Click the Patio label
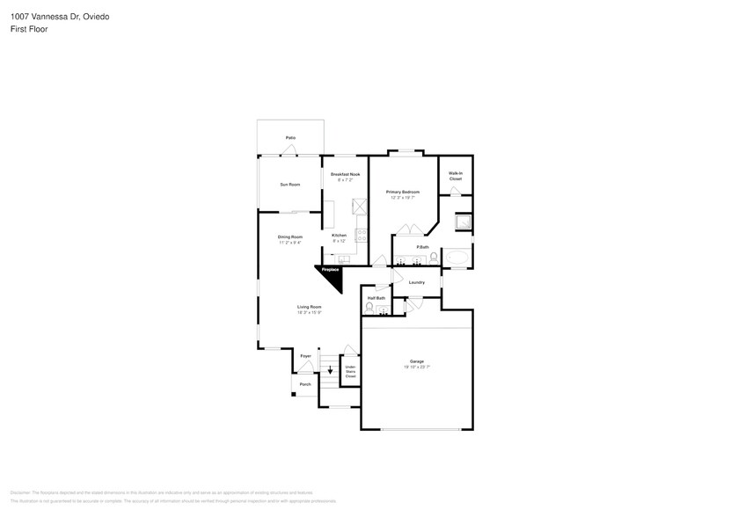point(290,138)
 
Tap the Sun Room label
point(290,185)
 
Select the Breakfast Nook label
point(345,175)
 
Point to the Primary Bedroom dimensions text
point(402,198)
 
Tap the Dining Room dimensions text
point(290,243)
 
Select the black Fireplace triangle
point(333,275)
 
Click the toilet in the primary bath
point(434,258)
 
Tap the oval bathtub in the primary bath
point(458,258)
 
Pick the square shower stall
point(461,222)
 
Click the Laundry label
point(417,282)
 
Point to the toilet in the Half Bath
point(369,307)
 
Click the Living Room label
point(309,307)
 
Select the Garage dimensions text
point(417,367)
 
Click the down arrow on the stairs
point(330,371)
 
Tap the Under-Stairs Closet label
point(350,372)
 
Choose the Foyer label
point(305,355)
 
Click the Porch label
point(305,384)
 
